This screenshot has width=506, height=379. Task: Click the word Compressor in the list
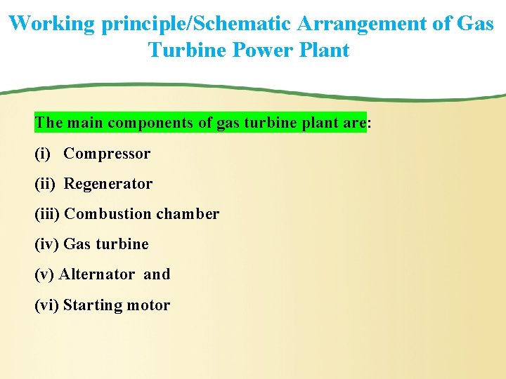click(107, 154)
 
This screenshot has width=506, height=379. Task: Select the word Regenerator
click(108, 184)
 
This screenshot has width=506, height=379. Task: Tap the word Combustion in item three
click(108, 214)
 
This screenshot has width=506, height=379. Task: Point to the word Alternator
click(96, 274)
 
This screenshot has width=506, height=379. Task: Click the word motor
click(148, 305)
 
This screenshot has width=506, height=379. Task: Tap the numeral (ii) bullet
click(44, 184)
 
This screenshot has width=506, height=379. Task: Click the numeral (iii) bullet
click(47, 214)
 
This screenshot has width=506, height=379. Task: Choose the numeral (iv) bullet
click(46, 244)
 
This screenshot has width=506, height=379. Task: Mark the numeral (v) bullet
click(44, 274)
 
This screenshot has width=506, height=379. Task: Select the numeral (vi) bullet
click(46, 305)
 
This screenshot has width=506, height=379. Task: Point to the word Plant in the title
click(325, 51)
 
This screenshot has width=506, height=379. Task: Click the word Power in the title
click(262, 51)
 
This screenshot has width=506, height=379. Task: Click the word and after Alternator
click(157, 274)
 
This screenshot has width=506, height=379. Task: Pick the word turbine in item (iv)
click(122, 244)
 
